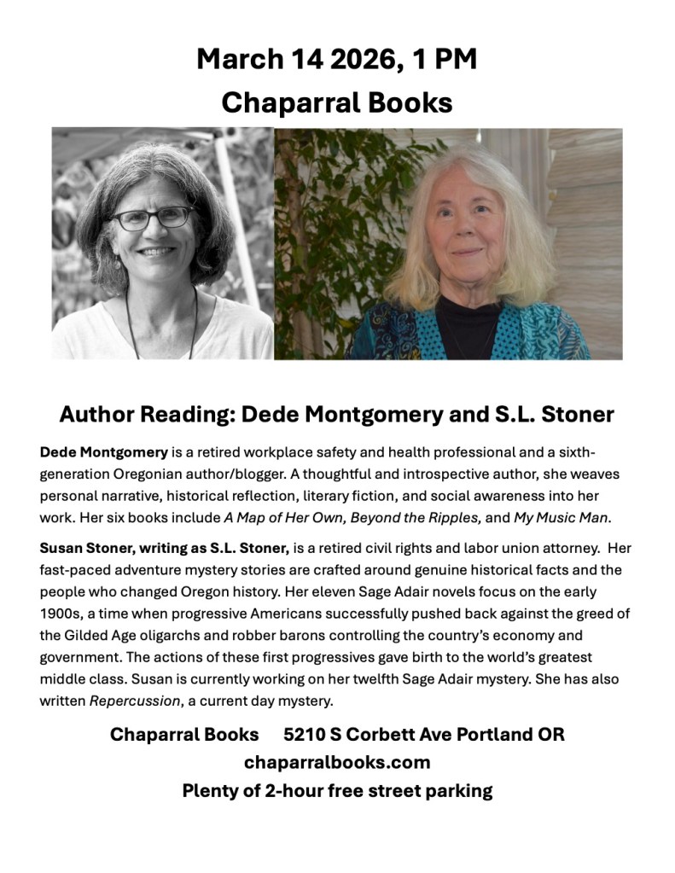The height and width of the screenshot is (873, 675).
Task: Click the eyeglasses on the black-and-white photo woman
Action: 152,218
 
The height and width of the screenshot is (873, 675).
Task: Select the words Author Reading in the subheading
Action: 146,415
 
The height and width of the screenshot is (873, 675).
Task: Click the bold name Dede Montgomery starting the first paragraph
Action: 103,450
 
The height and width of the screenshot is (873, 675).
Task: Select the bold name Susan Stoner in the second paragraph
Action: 86,547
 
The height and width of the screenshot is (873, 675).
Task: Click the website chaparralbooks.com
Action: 337,762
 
